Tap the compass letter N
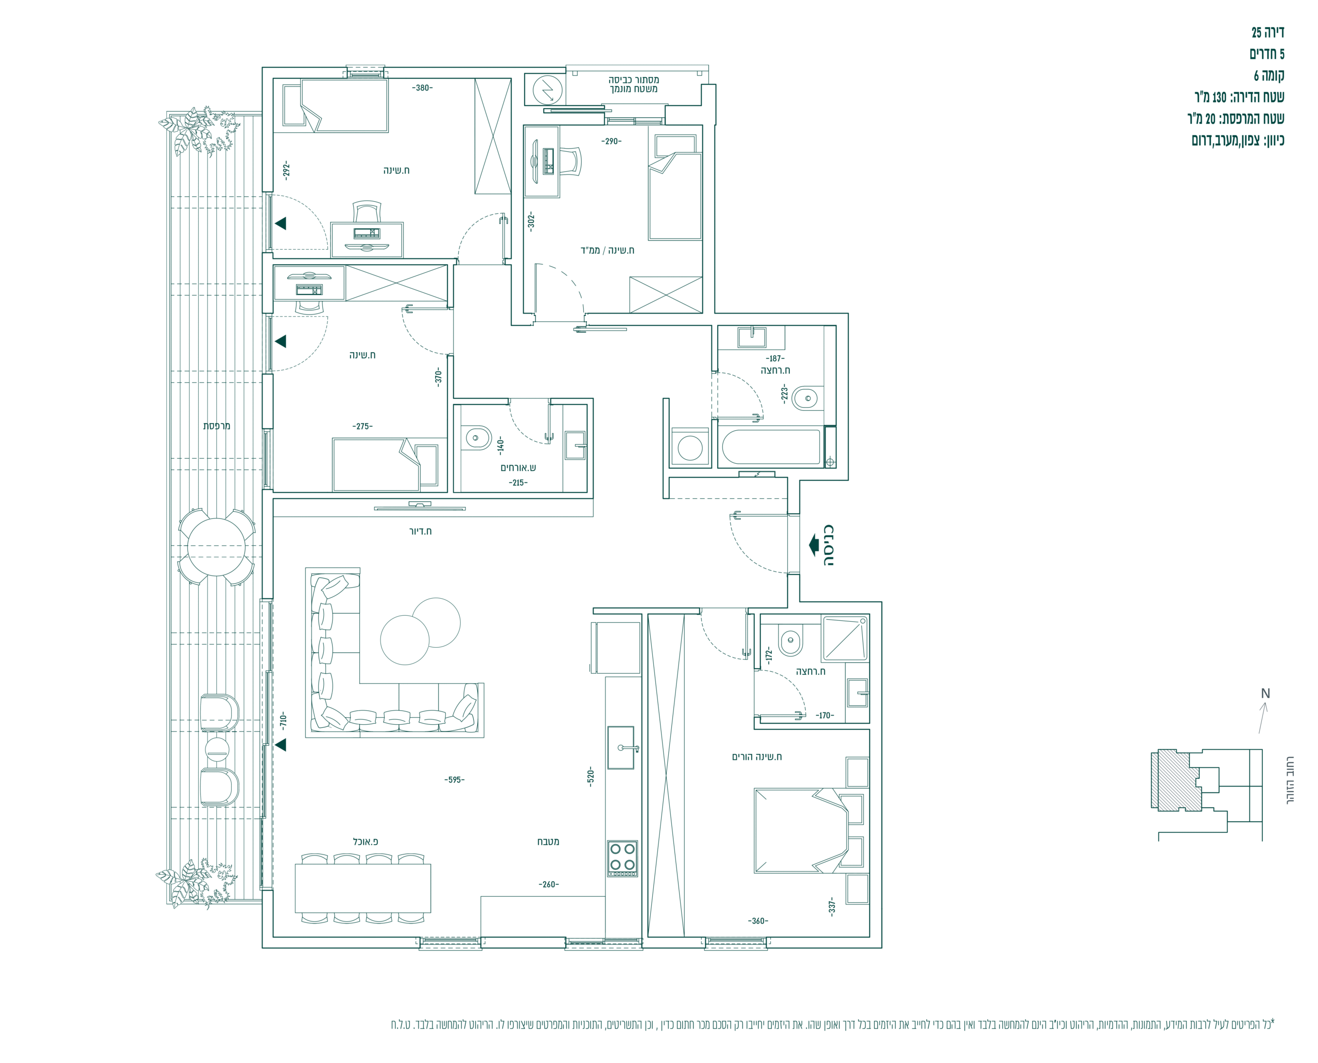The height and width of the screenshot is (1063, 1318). coord(1265,694)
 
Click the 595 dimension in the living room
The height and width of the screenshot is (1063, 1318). coord(455,779)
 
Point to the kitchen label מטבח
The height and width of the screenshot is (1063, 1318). coord(548,841)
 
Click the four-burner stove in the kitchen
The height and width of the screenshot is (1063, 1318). coord(622,858)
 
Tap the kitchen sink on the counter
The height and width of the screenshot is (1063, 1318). coord(621,747)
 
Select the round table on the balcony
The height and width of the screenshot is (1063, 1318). coord(216,547)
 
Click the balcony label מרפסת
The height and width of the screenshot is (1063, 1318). coord(217,426)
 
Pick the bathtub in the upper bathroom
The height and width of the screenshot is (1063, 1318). coord(771,447)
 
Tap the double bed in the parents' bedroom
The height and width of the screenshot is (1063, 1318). coord(801,830)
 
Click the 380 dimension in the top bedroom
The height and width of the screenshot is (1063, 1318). coord(423,88)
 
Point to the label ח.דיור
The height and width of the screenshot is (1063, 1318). coord(420,531)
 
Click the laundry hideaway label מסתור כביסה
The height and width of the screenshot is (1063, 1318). coord(634,80)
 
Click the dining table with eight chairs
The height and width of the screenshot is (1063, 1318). coord(362,888)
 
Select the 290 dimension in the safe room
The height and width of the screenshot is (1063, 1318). coord(611,141)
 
